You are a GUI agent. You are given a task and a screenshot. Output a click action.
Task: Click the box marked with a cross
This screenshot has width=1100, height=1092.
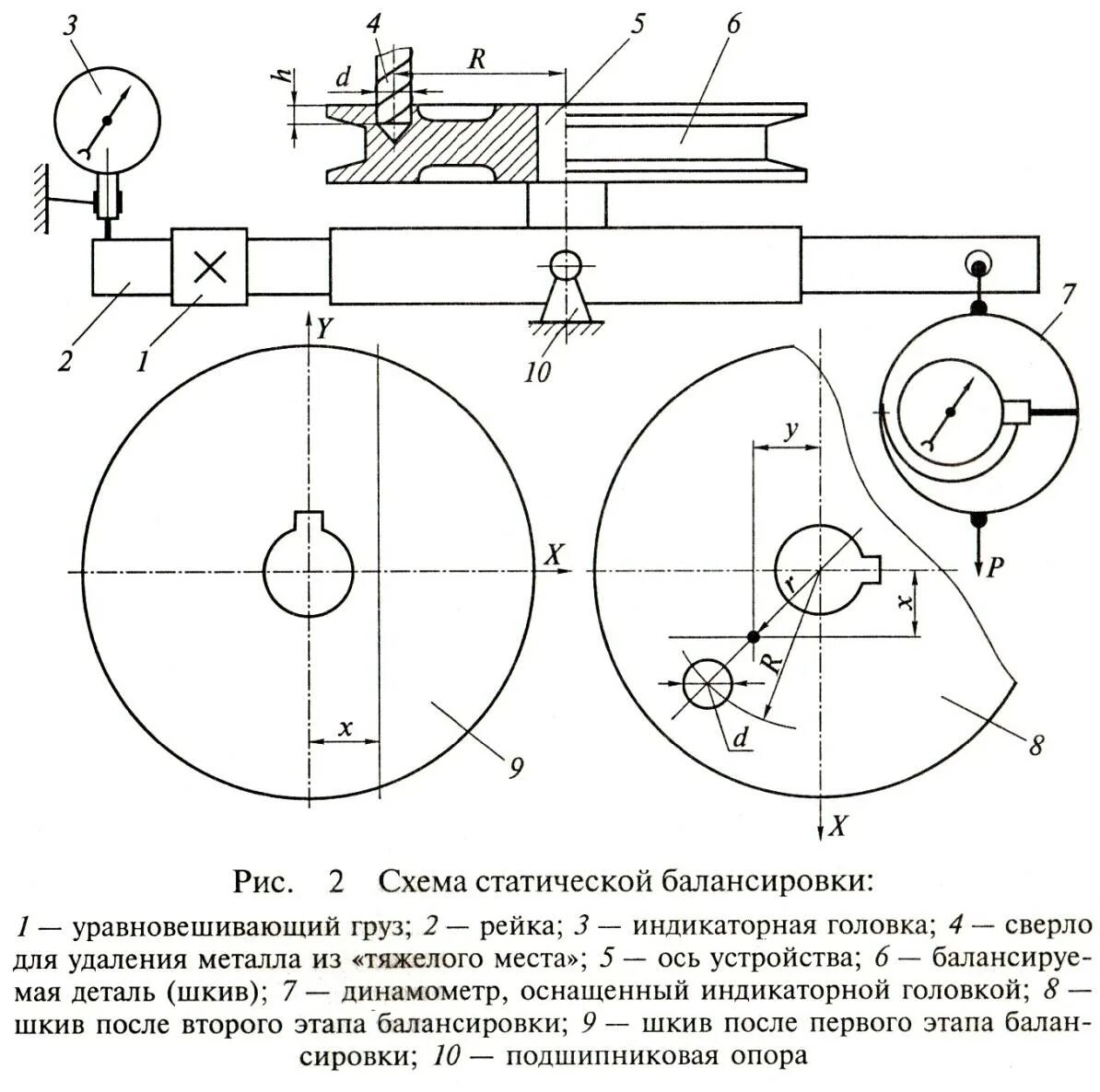211,266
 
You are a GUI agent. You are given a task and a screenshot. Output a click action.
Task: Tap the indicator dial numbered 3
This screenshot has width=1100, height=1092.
107,120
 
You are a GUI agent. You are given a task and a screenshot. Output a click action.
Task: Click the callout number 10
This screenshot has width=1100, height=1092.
537,372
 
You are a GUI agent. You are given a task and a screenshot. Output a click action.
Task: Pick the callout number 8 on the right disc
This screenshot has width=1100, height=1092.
1036,744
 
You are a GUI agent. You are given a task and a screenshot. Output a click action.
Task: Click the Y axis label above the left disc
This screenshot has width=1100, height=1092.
324,328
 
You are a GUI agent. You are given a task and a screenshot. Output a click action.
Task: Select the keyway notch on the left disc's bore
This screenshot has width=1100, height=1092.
309,521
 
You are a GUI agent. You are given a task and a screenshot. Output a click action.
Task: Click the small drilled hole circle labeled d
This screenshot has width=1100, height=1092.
708,684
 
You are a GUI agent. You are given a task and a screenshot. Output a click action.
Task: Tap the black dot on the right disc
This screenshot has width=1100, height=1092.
755,636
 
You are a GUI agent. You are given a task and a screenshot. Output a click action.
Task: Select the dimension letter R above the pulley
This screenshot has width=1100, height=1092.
476,59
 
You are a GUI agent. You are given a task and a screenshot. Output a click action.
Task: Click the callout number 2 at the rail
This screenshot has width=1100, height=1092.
64,360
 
